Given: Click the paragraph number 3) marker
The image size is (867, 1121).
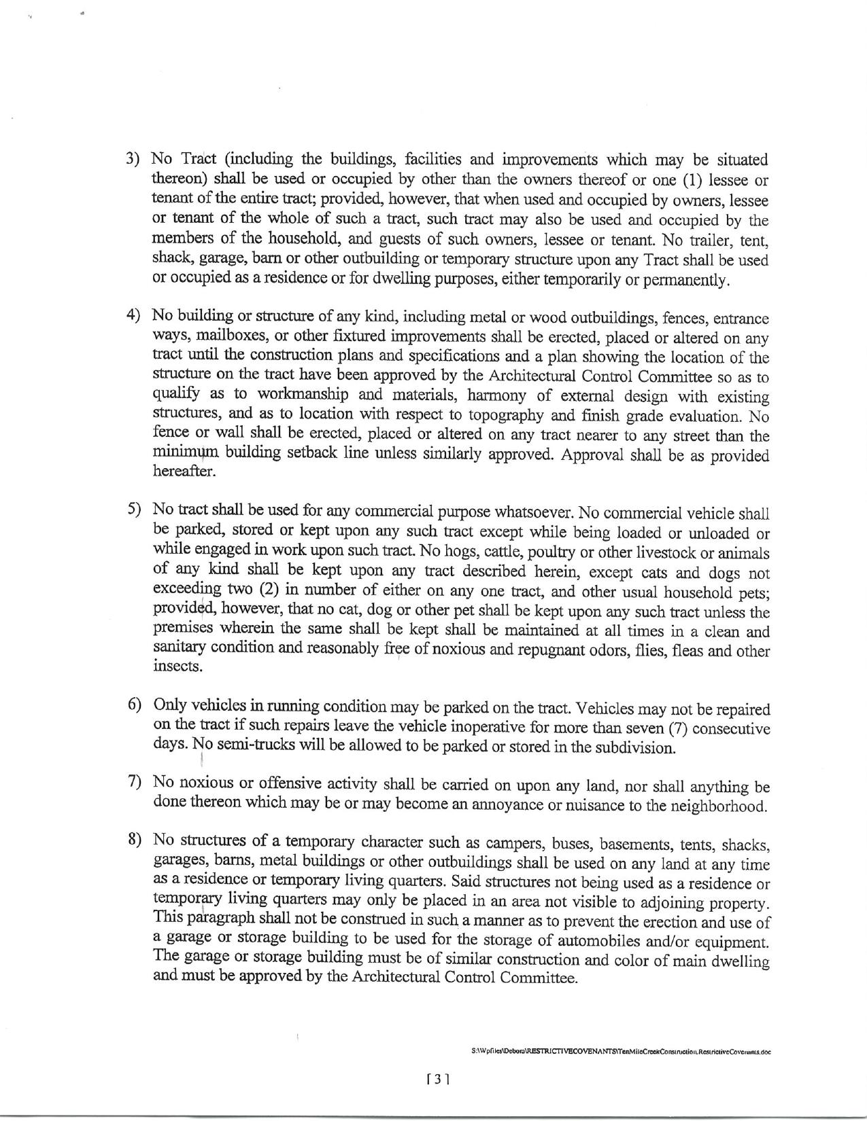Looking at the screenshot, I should tap(133, 159).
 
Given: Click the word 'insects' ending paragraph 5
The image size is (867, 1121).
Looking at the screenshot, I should tap(178, 666).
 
